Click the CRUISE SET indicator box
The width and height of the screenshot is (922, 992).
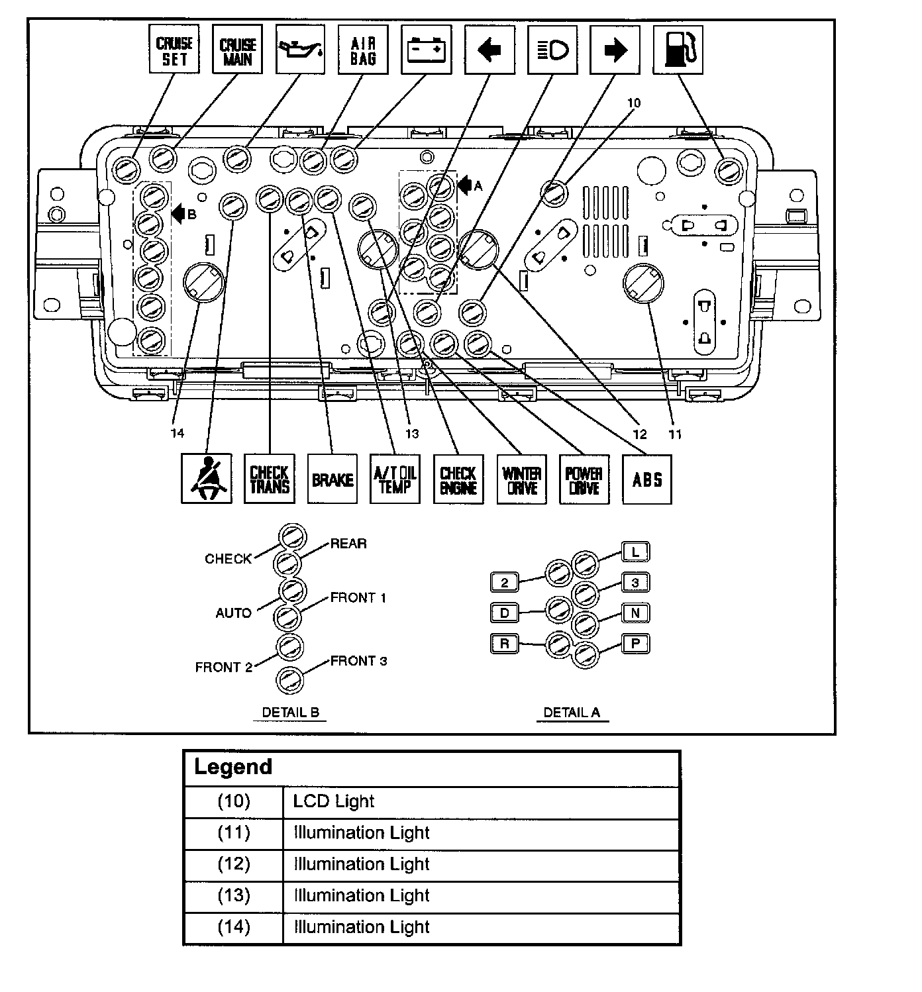click(174, 49)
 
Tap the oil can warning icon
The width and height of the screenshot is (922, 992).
click(300, 49)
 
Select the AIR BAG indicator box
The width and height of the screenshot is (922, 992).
click(364, 50)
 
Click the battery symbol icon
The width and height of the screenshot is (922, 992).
click(427, 50)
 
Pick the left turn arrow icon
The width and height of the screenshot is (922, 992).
click(489, 50)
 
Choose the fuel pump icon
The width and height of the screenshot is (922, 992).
click(678, 50)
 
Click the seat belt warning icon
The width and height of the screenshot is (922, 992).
click(207, 479)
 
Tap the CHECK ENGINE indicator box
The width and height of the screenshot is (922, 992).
click(458, 479)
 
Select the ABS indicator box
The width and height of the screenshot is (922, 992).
click(647, 479)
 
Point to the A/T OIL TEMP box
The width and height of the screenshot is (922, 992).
click(395, 479)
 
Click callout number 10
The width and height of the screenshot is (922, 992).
click(634, 103)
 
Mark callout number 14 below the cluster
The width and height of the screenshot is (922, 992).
click(178, 433)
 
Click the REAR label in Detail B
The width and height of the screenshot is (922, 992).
click(348, 544)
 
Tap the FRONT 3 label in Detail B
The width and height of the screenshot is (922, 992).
click(359, 661)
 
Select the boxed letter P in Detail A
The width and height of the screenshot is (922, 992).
click(636, 644)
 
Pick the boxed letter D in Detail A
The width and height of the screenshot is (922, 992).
click(505, 613)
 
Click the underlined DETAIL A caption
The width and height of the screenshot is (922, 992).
click(572, 713)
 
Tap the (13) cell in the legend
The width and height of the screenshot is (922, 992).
click(234, 895)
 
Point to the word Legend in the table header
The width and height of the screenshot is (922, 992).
click(233, 766)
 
